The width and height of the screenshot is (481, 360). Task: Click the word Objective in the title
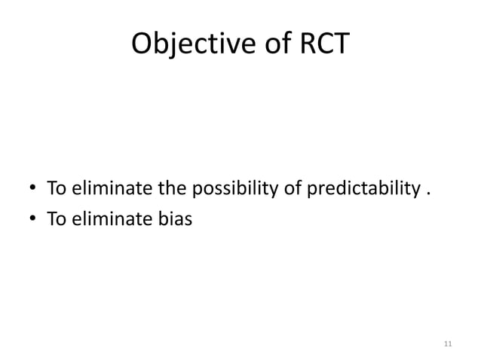coord(188,45)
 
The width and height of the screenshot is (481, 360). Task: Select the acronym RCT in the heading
coord(323,45)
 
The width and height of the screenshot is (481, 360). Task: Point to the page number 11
coord(448,343)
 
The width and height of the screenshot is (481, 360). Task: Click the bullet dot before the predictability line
coord(32,188)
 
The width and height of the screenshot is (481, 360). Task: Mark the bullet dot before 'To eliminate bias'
coord(32,218)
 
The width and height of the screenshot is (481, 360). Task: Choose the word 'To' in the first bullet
coord(56,188)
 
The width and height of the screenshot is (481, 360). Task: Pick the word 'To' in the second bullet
coord(56,218)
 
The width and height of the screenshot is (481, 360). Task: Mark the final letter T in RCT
coord(340,45)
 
